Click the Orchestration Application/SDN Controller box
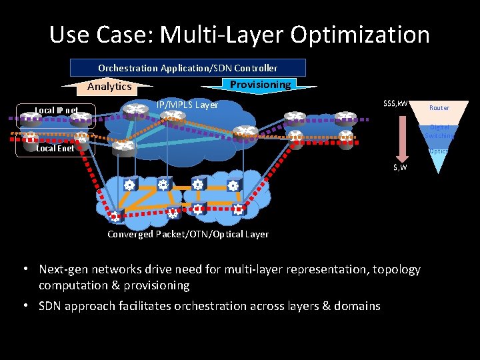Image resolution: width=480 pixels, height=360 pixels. tap(187, 68)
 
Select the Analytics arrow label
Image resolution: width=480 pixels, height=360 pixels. tap(109, 87)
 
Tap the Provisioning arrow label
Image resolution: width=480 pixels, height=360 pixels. tap(260, 85)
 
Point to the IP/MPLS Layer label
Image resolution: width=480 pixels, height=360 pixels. tap(187, 105)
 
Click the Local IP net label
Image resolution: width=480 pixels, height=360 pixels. tap(57, 110)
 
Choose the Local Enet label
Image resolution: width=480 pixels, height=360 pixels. tap(55, 149)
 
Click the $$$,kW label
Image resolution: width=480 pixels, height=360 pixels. tap(395, 103)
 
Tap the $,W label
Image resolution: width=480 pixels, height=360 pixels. tap(400, 168)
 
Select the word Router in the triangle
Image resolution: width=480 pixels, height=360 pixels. tap(439, 107)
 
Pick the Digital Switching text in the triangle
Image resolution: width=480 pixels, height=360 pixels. tap(439, 131)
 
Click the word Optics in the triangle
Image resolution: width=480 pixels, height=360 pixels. tap(439, 151)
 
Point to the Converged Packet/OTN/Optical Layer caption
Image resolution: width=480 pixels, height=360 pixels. tap(188, 234)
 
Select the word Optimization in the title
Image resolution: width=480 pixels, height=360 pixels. tap(361, 35)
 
